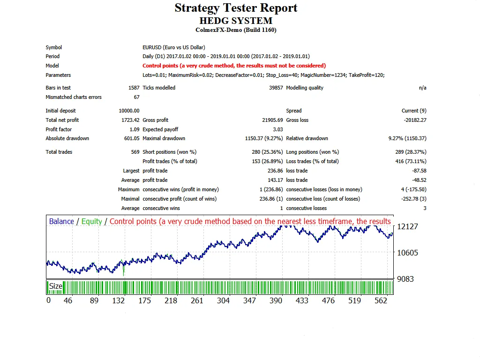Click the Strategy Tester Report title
(236, 8)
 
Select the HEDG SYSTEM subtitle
(236, 21)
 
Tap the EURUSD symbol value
(173, 47)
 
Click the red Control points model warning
(234, 66)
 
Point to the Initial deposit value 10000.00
(129, 111)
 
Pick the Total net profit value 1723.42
(130, 120)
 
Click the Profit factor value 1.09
(134, 129)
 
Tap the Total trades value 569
(135, 152)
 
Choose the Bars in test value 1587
(134, 88)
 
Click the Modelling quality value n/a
(422, 88)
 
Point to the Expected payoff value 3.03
(278, 129)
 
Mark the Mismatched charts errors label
(74, 97)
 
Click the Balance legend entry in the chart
(61, 221)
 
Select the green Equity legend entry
(92, 221)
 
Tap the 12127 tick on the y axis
(407, 226)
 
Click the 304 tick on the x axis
(223, 300)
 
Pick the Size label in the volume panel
(55, 286)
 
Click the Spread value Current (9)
(414, 111)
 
